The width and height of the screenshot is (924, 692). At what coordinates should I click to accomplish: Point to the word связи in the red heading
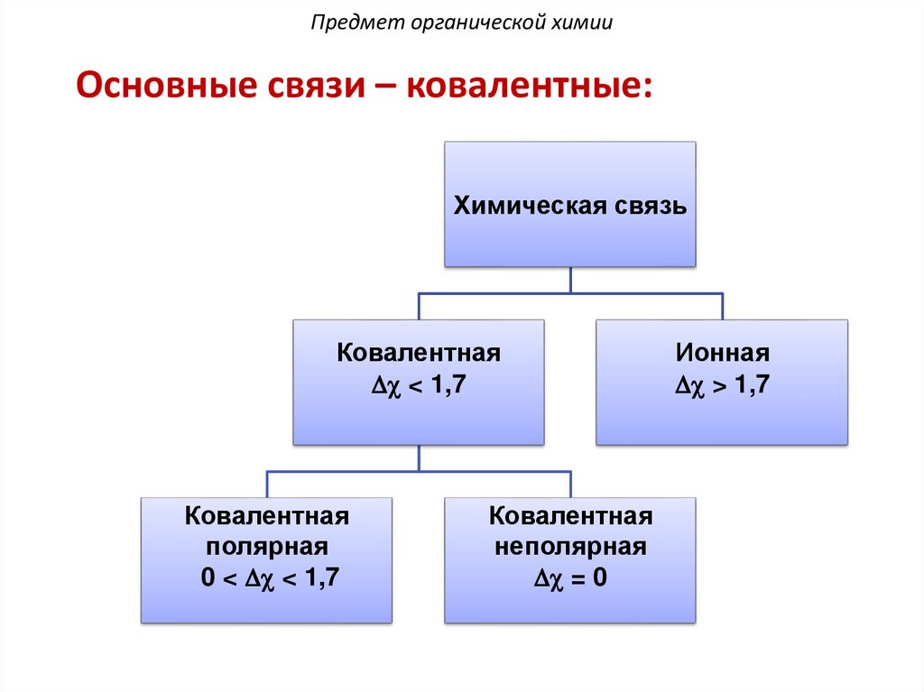coord(310,88)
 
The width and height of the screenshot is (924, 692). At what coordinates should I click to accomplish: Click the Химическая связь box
coord(569,235)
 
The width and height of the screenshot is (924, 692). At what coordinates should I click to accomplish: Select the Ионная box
coord(722,415)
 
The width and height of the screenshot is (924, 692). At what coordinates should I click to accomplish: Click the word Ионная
coord(722,352)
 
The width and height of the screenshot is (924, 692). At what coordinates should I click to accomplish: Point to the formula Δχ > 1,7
coord(722,385)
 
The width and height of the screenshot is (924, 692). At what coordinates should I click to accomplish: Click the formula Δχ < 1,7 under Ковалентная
coord(418,385)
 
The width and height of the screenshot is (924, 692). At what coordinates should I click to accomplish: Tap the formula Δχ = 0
coord(570,577)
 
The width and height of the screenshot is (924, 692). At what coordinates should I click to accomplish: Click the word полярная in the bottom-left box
coord(267,547)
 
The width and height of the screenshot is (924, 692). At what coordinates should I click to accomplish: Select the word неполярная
coord(570,547)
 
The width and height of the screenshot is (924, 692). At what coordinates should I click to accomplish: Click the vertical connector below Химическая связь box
coord(569,280)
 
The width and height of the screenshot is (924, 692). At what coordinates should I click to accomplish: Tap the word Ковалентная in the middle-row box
coord(418,352)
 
